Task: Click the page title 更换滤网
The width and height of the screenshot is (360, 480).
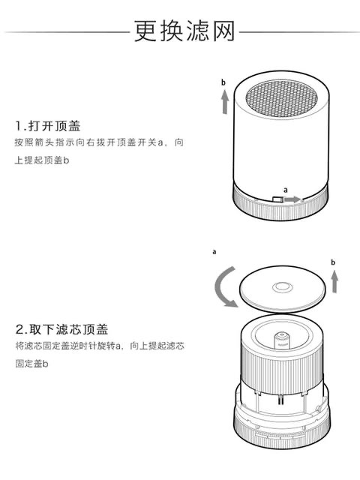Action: click(184, 31)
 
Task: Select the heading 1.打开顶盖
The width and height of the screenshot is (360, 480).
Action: click(48, 126)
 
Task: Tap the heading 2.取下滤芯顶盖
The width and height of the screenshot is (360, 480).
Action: click(61, 329)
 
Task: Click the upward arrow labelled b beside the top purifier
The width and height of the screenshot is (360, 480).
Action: click(225, 101)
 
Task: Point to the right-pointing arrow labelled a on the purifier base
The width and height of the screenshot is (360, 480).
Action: click(292, 199)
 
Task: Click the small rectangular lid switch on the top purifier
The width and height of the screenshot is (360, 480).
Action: click(277, 199)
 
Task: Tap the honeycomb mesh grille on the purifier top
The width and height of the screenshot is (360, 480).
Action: click(282, 98)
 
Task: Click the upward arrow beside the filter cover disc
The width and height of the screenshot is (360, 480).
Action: click(334, 281)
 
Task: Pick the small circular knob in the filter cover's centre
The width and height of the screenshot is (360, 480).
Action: click(283, 287)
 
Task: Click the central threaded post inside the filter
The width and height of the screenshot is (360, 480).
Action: click(281, 340)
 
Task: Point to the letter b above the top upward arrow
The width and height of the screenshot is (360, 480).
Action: click(223, 82)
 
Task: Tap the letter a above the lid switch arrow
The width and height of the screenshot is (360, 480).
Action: click(286, 190)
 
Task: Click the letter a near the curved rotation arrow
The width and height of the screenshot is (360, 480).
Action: click(214, 252)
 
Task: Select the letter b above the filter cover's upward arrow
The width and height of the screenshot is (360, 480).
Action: click(333, 262)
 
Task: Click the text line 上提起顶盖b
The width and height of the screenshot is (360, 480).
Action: click(42, 160)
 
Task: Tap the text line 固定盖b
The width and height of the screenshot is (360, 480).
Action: click(31, 364)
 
